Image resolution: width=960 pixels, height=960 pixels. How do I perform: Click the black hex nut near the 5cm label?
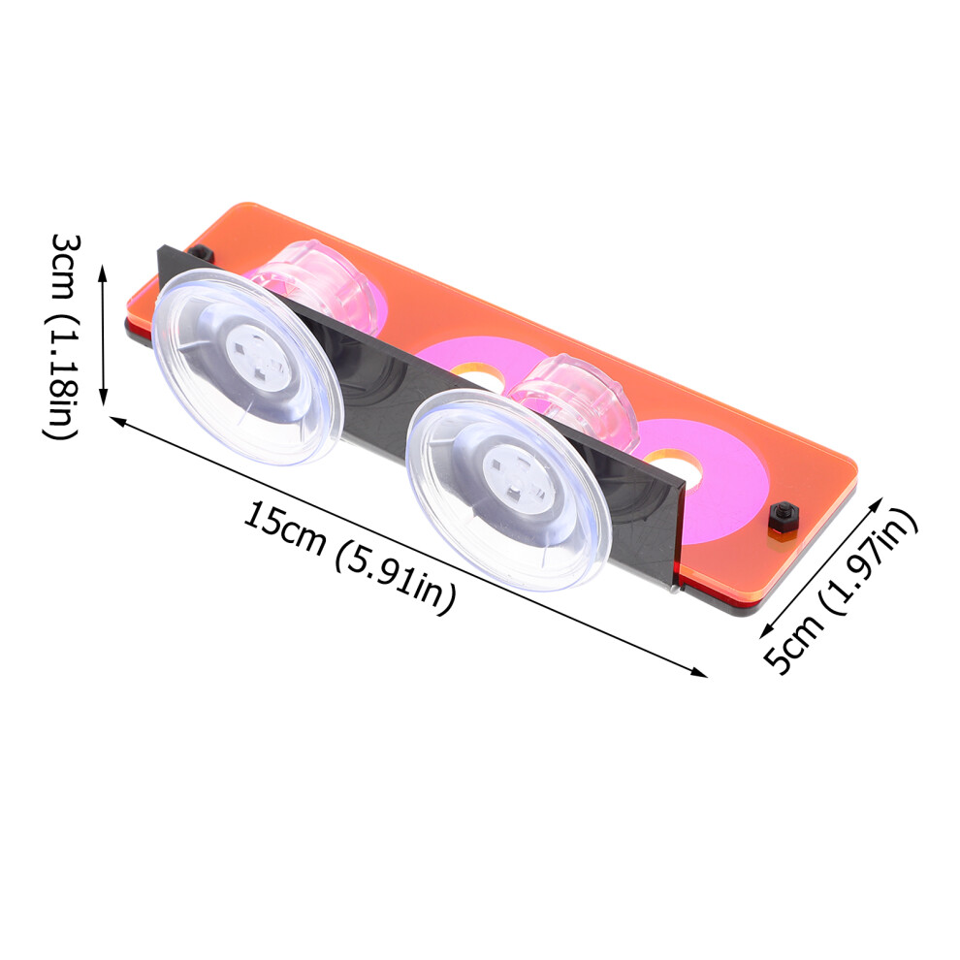pyautogui.click(x=784, y=518)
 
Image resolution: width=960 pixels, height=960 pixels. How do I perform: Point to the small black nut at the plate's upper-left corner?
pyautogui.click(x=200, y=253)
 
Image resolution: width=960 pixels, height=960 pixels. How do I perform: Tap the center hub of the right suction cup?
pyautogui.click(x=518, y=477)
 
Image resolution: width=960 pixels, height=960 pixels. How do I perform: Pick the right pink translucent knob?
pyautogui.click(x=575, y=401)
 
